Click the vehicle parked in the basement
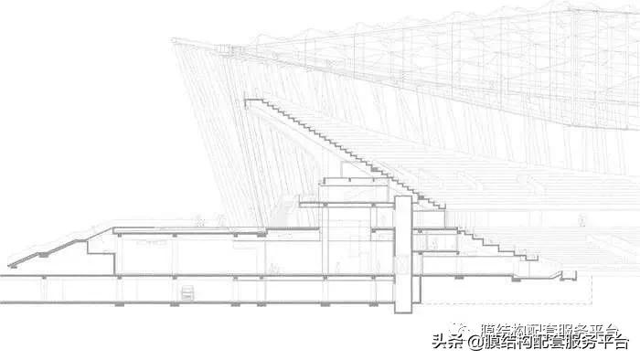[x=187, y=293]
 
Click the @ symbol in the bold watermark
[x=475, y=344]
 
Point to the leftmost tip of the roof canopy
[x=174, y=40]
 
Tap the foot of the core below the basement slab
[x=403, y=309]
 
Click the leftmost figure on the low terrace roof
[x=197, y=219]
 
